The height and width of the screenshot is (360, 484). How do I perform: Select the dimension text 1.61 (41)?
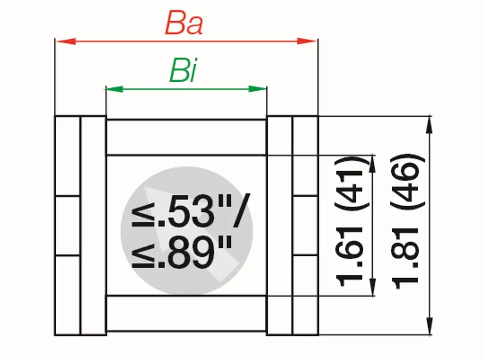(x=350, y=222)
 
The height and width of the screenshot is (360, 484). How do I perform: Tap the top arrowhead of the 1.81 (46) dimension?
(x=430, y=124)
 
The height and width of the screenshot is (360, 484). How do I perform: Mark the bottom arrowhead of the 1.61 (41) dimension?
(x=372, y=288)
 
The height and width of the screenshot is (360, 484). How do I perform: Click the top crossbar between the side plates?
(x=186, y=137)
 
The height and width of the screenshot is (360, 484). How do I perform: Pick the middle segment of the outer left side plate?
(x=68, y=226)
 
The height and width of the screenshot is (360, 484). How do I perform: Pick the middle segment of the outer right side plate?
(x=305, y=226)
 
